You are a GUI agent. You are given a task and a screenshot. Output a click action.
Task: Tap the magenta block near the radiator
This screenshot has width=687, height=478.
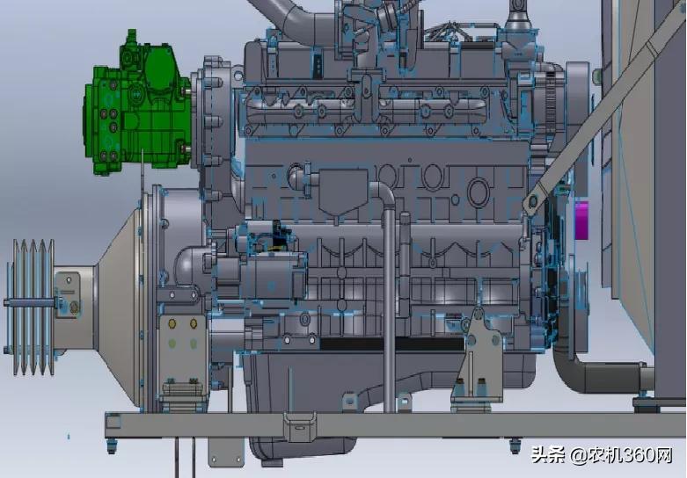581,221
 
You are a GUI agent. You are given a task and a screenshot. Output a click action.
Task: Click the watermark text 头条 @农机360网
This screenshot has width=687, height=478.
602,455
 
